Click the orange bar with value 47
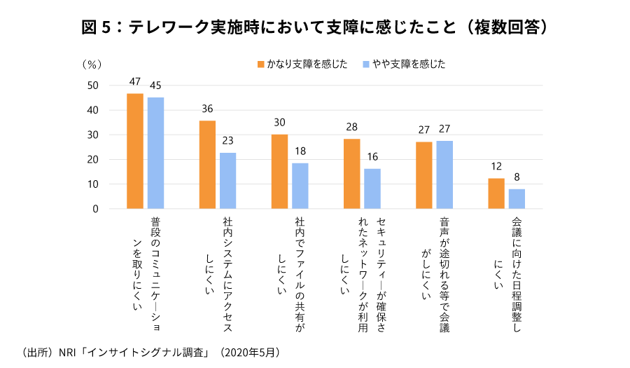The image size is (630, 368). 135,151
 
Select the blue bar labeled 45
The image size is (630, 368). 156,154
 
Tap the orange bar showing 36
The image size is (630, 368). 207,165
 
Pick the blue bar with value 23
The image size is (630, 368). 228,181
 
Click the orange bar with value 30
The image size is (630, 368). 279,172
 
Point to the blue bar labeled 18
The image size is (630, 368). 300,186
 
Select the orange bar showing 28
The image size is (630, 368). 351,174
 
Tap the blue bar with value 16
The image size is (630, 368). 372,189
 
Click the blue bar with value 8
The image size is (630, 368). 517,199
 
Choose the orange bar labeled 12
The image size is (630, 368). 496,193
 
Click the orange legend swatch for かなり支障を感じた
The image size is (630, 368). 260,64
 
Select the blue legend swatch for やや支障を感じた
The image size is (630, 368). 366,64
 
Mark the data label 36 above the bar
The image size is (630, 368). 207,109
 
